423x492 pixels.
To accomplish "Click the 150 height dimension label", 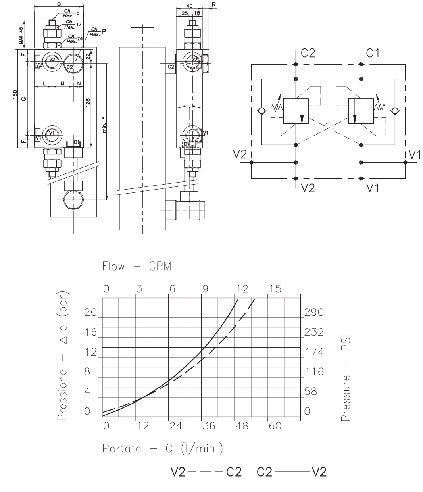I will (15, 96).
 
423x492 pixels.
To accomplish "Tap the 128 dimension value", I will (88, 104).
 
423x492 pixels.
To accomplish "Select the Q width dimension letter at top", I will (59, 3).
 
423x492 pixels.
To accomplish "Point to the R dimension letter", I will (214, 4).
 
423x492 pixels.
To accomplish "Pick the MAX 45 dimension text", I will (21, 35).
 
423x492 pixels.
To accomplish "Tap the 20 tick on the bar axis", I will (91, 313).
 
